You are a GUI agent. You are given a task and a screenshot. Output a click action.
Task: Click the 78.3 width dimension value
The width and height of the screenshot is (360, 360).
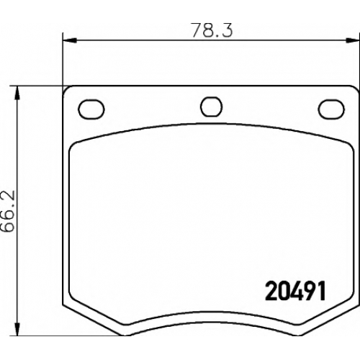click(x=212, y=30)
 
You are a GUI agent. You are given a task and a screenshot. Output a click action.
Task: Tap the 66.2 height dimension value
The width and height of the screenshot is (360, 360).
click(x=9, y=211)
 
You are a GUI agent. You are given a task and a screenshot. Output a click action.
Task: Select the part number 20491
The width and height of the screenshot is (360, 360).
click(x=295, y=291)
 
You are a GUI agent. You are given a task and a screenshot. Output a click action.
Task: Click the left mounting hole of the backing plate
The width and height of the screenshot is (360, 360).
click(x=91, y=109)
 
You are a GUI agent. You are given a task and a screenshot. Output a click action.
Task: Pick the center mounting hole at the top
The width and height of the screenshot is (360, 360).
click(x=211, y=107)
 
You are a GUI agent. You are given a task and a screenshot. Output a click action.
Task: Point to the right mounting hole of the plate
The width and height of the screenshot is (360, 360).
click(x=331, y=109)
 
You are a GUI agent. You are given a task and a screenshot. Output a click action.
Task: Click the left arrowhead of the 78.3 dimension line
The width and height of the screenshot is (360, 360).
click(x=70, y=40)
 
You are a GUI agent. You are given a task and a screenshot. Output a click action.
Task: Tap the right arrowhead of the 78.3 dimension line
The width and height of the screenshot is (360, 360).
click(x=353, y=40)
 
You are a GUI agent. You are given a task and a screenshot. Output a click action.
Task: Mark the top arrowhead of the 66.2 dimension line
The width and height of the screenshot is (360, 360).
click(x=17, y=93)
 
